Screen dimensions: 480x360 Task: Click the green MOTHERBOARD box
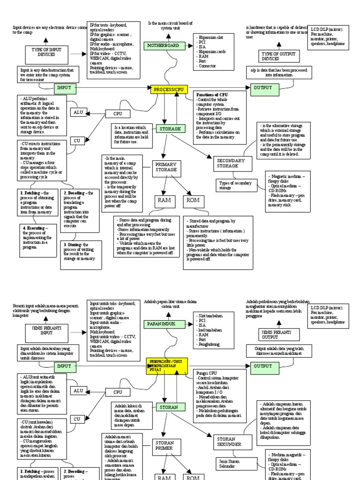164,46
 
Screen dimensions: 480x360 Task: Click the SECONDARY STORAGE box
232,163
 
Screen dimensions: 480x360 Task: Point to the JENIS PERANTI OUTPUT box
276,334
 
